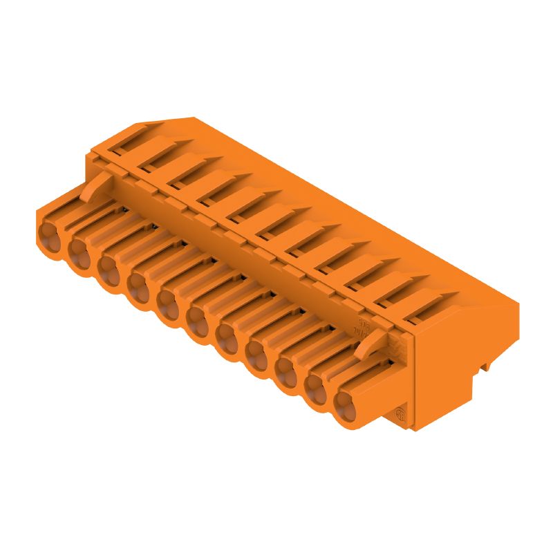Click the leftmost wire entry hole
click(x=50, y=232)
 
